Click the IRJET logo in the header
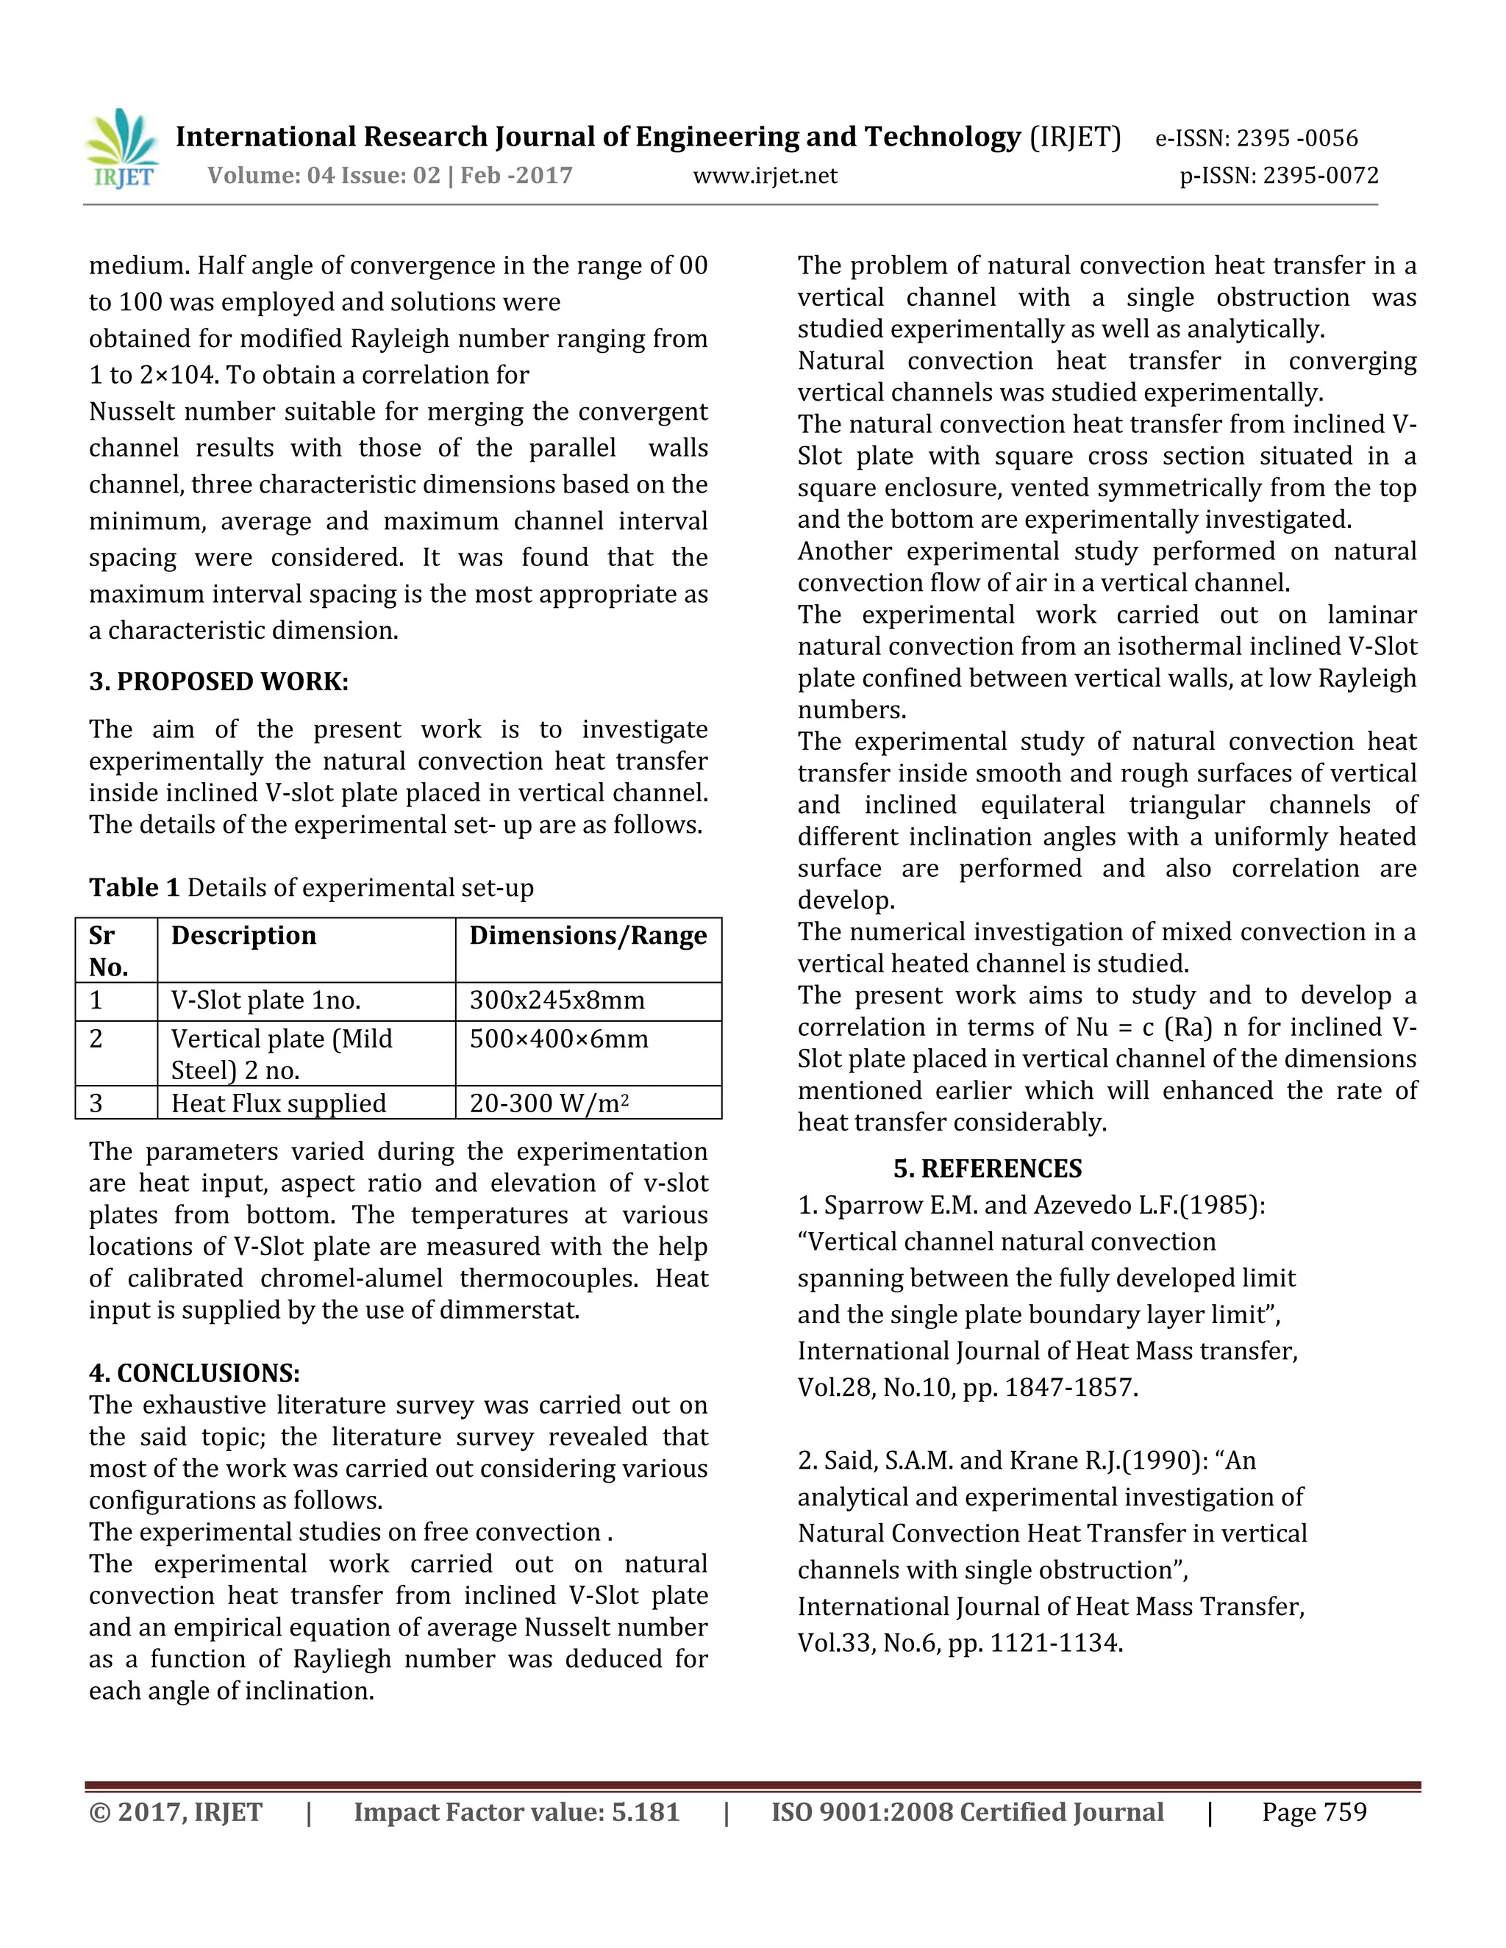122,150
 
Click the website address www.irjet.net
765,176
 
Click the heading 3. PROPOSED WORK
218,681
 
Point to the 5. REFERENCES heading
988,1169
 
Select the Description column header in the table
243,936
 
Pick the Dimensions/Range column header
588,936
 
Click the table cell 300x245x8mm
557,1000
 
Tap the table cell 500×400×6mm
559,1039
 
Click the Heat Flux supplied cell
279,1103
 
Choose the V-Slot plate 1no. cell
266,1000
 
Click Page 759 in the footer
1313,1813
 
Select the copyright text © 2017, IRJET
176,1813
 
